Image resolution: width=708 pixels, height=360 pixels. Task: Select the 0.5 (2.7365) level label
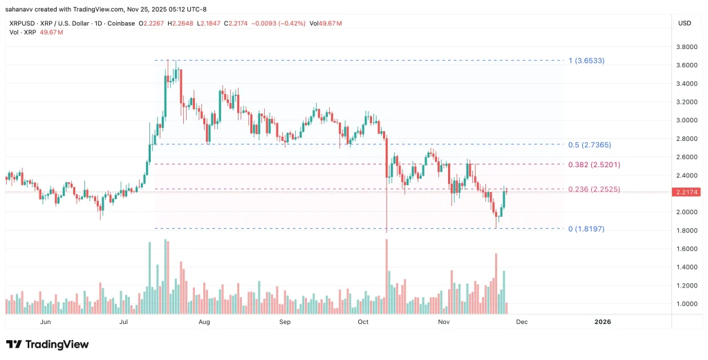tap(590, 145)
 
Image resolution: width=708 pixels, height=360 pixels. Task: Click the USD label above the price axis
tap(685, 23)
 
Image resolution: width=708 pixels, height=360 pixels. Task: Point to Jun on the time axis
tap(46, 322)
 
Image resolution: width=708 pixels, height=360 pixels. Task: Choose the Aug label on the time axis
tap(204, 322)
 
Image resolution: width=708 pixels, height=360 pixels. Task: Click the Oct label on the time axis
tap(364, 322)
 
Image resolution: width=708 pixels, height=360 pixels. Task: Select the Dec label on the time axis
tap(522, 322)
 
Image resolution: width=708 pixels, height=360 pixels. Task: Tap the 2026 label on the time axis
tap(603, 322)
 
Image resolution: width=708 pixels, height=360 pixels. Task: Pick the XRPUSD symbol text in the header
tap(21, 23)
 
